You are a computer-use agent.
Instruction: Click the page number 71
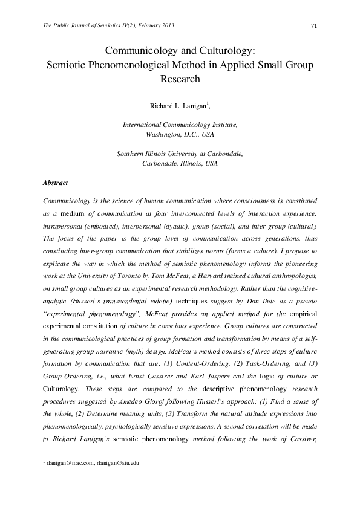[314, 25]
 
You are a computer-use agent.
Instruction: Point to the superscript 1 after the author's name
[208, 103]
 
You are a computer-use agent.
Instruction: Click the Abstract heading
[56, 182]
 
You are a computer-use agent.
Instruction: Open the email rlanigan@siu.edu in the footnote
[117, 462]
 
